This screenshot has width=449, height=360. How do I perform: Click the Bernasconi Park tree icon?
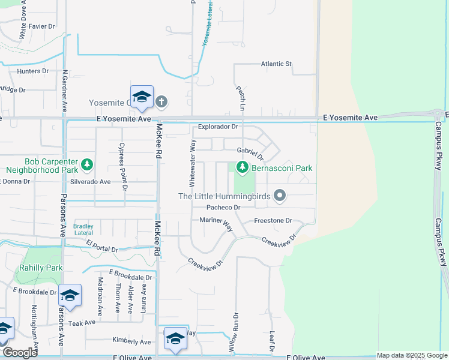click(242, 167)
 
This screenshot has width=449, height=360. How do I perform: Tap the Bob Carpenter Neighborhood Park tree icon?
click(87, 163)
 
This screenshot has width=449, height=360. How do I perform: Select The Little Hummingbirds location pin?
click(279, 196)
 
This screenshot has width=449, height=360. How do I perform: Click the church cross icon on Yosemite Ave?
click(161, 102)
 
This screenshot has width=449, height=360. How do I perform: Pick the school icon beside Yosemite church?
click(142, 97)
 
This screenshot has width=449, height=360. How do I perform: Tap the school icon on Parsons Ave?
click(70, 295)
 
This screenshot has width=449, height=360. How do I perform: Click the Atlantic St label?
click(276, 64)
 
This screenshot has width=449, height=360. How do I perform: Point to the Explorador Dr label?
click(218, 127)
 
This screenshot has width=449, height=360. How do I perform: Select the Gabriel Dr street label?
click(250, 151)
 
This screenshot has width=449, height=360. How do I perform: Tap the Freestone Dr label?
click(273, 221)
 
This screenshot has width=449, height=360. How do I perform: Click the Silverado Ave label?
click(91, 181)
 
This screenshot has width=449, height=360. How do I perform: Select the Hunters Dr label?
click(32, 71)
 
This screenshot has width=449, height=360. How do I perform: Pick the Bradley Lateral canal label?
click(83, 229)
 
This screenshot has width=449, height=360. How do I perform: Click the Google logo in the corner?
click(19, 352)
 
